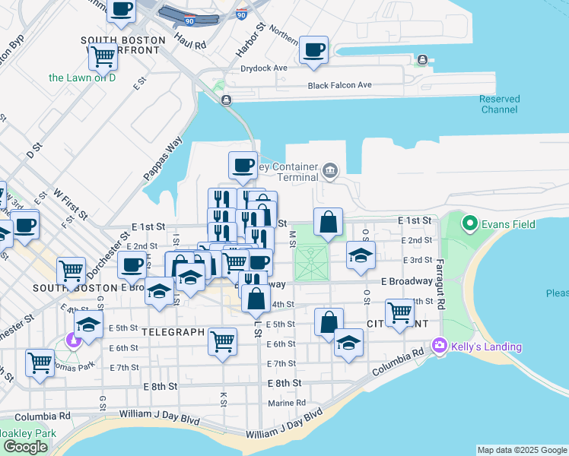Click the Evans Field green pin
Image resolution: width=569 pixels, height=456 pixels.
[x=470, y=224]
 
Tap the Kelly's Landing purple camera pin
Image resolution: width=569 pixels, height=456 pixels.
[x=439, y=347]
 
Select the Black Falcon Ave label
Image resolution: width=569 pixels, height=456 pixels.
[x=339, y=85]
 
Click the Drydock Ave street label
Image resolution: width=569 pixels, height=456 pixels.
[x=264, y=68]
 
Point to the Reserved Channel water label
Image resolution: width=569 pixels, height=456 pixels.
[x=500, y=104]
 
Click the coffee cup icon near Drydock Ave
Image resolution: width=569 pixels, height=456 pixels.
[x=314, y=50]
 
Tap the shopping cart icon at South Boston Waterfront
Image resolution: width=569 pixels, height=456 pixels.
[x=103, y=55]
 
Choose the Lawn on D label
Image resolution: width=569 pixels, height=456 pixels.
[x=82, y=78]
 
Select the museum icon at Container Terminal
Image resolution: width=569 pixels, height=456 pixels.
[x=329, y=169]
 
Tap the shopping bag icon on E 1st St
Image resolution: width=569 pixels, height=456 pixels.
[x=328, y=223]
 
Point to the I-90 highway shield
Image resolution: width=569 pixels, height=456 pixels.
[x=241, y=14]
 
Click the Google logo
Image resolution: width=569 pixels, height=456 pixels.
[x=26, y=447]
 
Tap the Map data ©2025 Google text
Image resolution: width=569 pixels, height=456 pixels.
[x=522, y=450]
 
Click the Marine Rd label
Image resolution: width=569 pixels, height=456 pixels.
[x=286, y=403]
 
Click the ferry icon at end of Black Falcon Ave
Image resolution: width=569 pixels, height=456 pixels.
[x=422, y=60]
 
